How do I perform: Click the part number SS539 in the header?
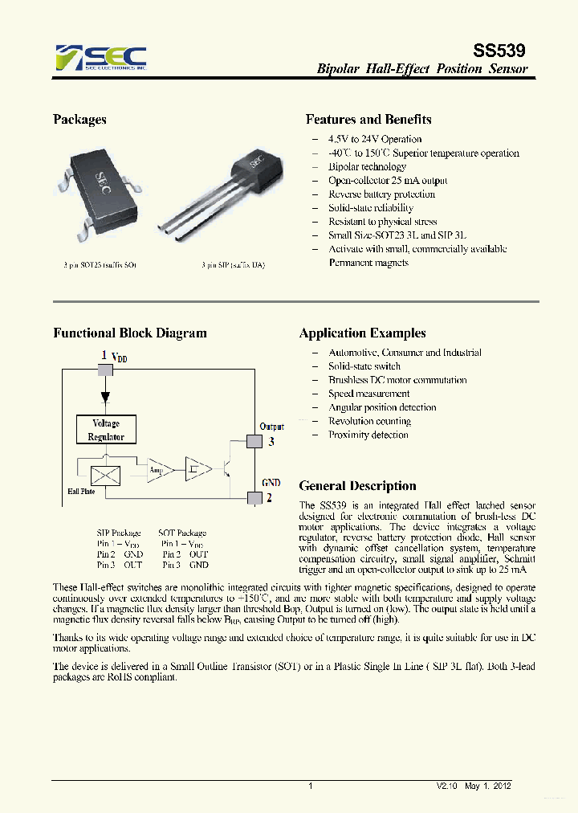502,51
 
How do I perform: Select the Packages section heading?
79,120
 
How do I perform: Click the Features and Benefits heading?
368,120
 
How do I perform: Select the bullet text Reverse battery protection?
381,194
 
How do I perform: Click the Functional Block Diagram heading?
129,333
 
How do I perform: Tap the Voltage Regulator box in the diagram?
106,430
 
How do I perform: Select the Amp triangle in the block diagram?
157,470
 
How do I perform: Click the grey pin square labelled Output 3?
254,440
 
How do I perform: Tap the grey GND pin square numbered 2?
254,497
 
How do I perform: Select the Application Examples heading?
362,333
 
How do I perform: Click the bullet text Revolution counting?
369,421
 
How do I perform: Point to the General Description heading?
357,486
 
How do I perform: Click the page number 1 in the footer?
310,786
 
